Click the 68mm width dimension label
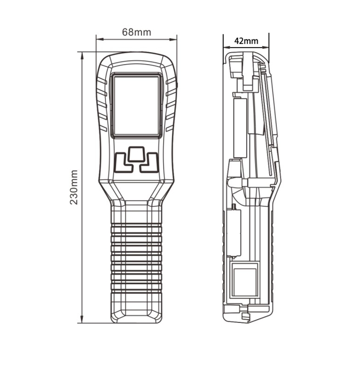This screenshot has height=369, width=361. coord(136,32)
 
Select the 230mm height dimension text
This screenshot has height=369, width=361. coord(74,187)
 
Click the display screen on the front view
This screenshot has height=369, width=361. coord(137,106)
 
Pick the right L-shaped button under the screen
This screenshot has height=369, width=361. coord(150,163)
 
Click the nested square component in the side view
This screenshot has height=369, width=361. coord(245,276)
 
